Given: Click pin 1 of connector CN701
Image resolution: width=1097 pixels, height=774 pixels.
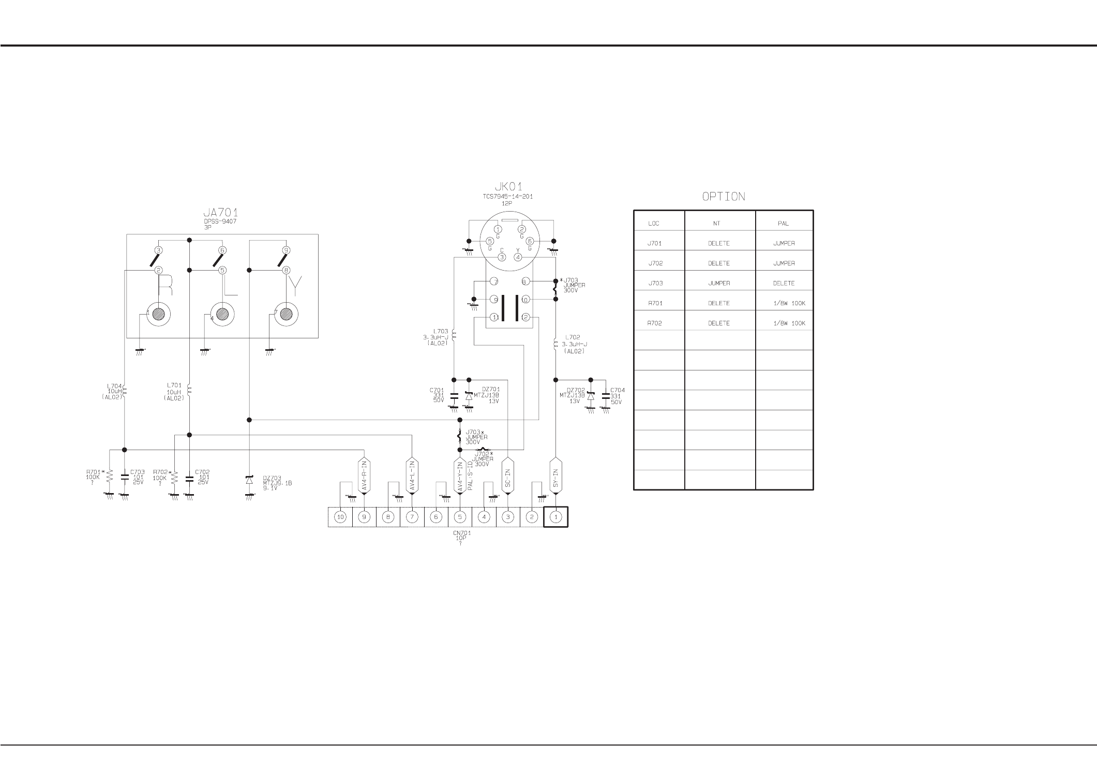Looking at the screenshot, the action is point(555,517).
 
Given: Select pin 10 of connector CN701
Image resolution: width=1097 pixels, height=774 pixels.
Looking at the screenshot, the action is point(340,517).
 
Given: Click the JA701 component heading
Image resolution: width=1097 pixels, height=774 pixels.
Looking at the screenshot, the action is point(220,213).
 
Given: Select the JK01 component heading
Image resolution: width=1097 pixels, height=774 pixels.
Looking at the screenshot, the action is point(508,187).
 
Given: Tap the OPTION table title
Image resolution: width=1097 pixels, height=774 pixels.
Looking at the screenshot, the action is point(723,197).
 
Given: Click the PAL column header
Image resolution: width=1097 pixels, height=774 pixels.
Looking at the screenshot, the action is point(783,224).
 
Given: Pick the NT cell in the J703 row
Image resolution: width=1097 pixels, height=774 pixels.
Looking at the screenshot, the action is point(719,284).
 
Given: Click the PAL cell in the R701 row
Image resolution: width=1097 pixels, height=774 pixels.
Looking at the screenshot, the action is point(788,303).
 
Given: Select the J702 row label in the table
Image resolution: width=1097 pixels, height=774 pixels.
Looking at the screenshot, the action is point(655,263).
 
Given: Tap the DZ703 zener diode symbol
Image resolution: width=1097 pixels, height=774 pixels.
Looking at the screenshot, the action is point(249,480).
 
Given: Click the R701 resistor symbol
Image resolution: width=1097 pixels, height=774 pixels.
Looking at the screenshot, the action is point(109,480).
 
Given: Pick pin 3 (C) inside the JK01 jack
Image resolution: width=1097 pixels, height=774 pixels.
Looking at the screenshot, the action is point(501,257).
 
